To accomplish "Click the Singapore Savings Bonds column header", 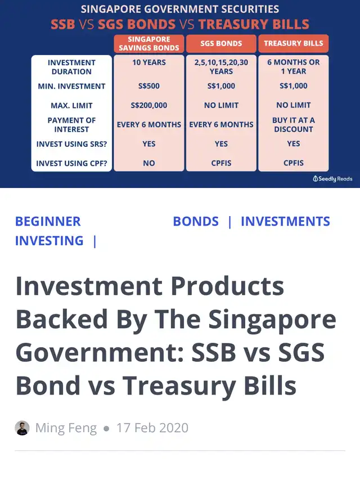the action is [148, 43].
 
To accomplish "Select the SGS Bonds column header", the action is [221, 43].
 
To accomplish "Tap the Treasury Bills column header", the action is [293, 43].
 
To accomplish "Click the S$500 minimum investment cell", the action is [148, 86].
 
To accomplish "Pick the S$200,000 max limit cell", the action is [148, 105].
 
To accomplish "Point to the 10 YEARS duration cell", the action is [148, 62].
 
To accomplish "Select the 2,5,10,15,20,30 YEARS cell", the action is [221, 67].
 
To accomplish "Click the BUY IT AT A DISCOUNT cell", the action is [293, 124].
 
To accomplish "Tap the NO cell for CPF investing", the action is [148, 163].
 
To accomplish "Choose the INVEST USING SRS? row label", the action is [71, 144].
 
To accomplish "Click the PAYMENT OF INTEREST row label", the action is [71, 125].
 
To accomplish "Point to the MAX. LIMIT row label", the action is [71, 106].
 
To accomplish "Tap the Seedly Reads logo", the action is [332, 179].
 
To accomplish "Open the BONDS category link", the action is [196, 221].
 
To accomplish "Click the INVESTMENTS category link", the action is [285, 221].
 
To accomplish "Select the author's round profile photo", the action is [22, 428].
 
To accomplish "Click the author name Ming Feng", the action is [66, 428].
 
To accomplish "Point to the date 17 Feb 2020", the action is [152, 428].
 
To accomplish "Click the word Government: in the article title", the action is [100, 352].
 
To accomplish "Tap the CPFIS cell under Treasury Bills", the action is [293, 163].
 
